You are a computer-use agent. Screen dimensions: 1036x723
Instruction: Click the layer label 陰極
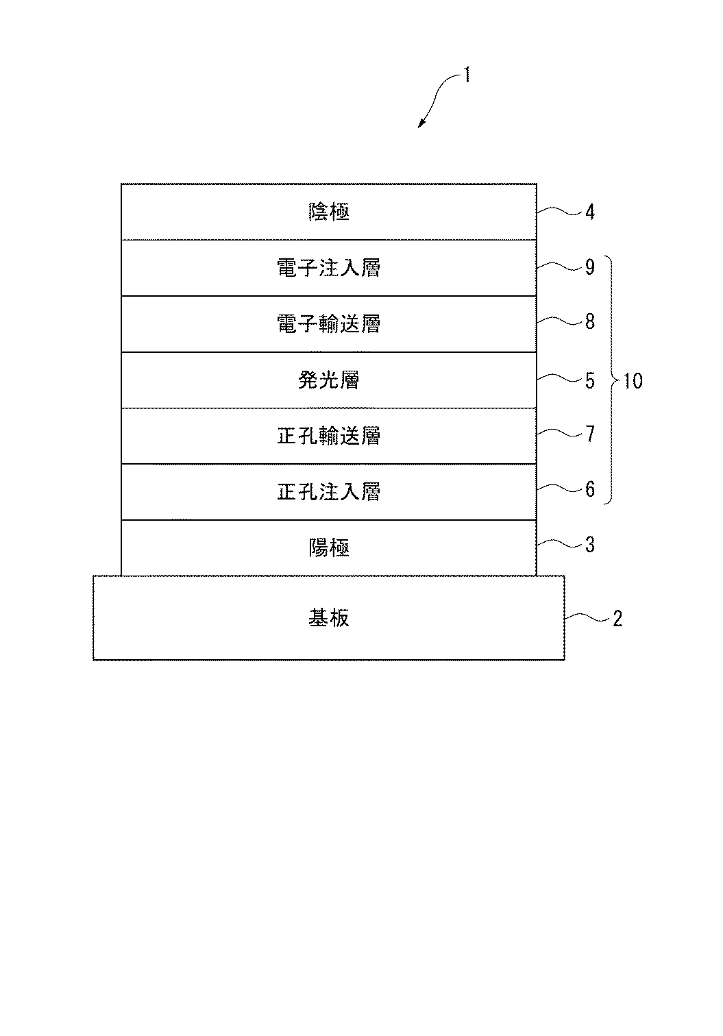coord(328,212)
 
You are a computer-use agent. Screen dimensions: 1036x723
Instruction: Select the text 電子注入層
coord(328,268)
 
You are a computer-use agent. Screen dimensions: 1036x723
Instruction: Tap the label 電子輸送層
coord(328,323)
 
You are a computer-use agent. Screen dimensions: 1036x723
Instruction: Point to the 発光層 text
coord(328,380)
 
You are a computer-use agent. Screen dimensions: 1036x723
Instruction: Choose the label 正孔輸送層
coord(328,436)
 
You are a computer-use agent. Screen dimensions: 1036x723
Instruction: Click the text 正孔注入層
coord(328,492)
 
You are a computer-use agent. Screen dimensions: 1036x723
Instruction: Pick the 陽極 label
coord(328,548)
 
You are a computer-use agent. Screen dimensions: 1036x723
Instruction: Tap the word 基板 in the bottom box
coord(328,618)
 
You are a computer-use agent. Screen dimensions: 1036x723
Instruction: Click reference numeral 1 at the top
coord(467,75)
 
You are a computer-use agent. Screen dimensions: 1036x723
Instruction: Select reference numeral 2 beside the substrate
coord(617,619)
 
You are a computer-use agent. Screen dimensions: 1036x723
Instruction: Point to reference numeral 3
coord(590,545)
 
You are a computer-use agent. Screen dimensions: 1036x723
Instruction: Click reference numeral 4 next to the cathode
coord(590,212)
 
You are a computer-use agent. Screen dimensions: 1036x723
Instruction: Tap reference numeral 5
coord(590,380)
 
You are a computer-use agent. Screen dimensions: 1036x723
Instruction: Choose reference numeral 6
coord(590,489)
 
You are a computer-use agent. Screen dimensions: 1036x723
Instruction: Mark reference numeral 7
coord(590,434)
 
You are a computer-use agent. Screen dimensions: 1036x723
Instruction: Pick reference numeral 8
coord(590,321)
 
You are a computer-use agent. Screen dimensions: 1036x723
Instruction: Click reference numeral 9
coord(590,267)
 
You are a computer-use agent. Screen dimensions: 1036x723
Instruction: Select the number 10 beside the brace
coord(633,380)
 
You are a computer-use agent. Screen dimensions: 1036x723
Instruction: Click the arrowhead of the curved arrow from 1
coord(421,124)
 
